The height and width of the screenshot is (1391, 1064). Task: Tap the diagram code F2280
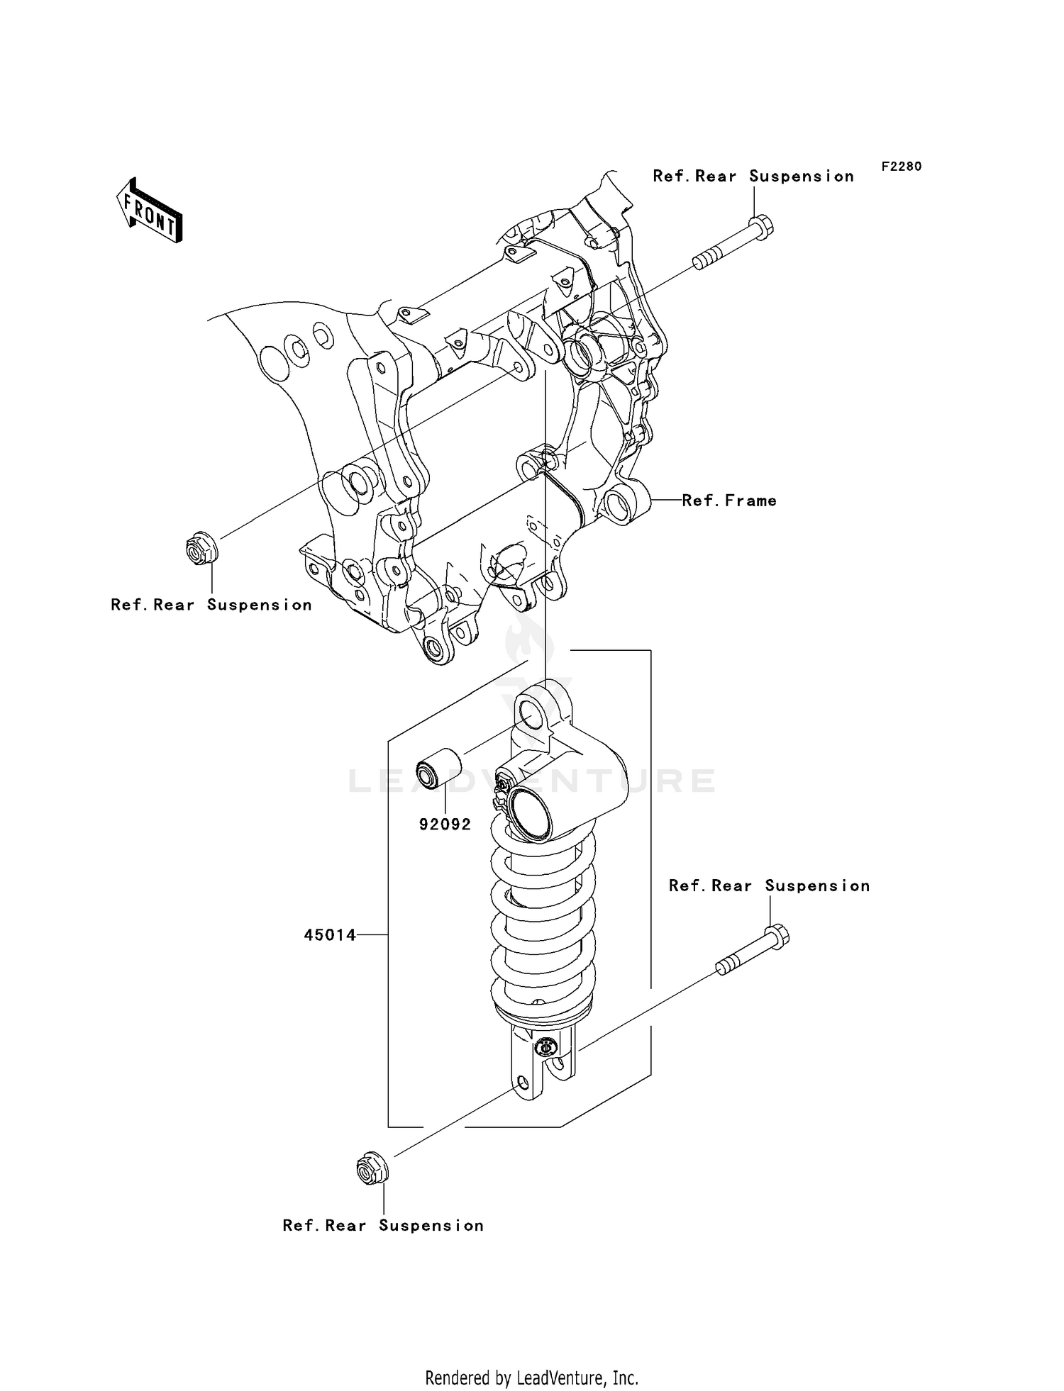902,167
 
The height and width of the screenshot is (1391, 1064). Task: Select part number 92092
445,825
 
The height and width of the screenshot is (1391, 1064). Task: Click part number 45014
330,935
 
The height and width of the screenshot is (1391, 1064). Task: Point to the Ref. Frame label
729,501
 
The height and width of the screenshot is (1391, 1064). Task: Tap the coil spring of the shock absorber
543,922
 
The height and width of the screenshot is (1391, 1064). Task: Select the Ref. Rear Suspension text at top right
753,177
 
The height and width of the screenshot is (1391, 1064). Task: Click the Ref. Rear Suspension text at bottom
383,1226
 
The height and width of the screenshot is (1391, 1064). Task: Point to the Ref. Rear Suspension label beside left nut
211,605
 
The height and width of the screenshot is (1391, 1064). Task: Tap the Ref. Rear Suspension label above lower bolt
770,886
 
